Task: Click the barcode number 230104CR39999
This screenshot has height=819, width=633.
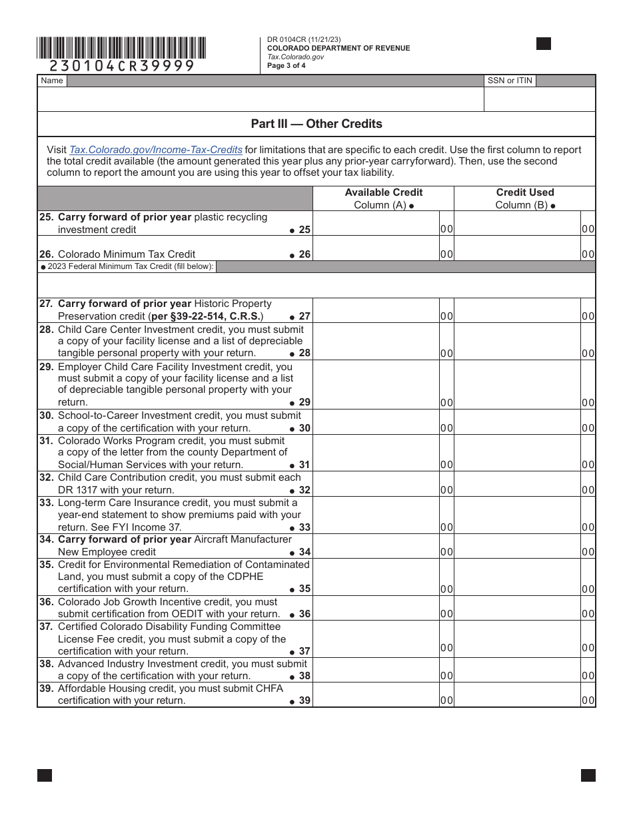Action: click(121, 65)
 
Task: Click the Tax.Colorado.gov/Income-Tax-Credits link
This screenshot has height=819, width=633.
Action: click(156, 150)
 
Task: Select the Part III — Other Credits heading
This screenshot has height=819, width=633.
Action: click(316, 124)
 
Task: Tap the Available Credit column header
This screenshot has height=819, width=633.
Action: click(383, 192)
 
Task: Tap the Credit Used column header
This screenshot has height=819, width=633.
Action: click(525, 192)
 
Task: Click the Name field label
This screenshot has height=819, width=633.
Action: click(52, 81)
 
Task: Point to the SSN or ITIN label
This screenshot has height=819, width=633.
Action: click(510, 81)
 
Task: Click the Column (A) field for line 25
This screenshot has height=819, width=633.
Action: click(376, 224)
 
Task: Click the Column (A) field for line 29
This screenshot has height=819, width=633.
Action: click(376, 385)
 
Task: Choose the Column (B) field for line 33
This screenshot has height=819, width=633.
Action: click(517, 515)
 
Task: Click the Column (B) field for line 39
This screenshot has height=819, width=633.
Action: click(517, 695)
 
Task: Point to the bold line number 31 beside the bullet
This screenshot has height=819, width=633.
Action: click(305, 465)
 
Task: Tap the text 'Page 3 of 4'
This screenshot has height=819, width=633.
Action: click(287, 65)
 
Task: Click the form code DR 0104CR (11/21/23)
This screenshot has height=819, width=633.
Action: click(304, 40)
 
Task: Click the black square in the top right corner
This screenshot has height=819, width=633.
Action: click(544, 44)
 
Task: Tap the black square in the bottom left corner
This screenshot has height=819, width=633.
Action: click(45, 775)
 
